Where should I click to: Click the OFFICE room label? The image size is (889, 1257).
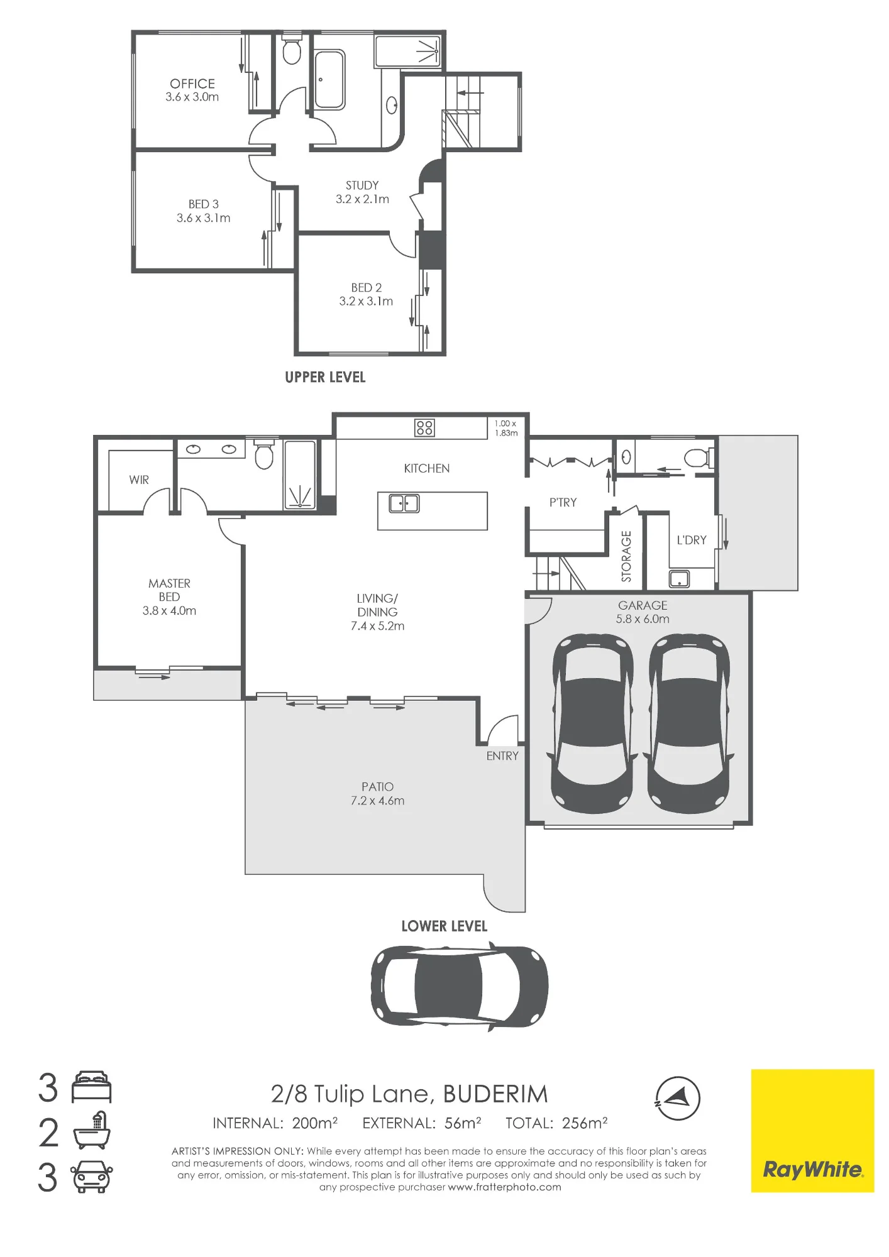coord(192,84)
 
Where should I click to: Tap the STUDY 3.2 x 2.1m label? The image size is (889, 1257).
coord(362,192)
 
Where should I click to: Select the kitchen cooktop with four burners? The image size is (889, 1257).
coord(424,428)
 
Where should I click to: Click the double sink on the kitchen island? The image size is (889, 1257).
coord(404,503)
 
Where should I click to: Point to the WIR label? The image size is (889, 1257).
coord(139,480)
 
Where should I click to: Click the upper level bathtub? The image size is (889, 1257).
coord(329,80)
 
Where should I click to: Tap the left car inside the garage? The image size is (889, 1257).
coord(592,723)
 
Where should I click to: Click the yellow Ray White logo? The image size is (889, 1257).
coord(812,1131)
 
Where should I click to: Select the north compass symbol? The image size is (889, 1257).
coord(677,1098)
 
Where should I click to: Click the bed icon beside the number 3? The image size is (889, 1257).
coord(92,1087)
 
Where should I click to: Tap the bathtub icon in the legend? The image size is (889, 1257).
coord(92,1132)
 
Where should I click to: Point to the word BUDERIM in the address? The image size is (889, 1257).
coord(495,1094)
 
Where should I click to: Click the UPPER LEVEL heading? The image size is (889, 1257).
coord(325,377)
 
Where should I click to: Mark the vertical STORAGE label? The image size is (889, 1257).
coord(626,556)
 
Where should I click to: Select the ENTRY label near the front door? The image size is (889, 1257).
coord(502,756)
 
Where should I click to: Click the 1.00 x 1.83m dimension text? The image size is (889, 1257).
coord(505,428)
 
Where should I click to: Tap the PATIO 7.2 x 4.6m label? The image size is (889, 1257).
coord(377,794)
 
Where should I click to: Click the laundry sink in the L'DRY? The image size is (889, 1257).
coord(679,578)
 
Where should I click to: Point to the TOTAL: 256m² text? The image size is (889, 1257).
coord(556,1123)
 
